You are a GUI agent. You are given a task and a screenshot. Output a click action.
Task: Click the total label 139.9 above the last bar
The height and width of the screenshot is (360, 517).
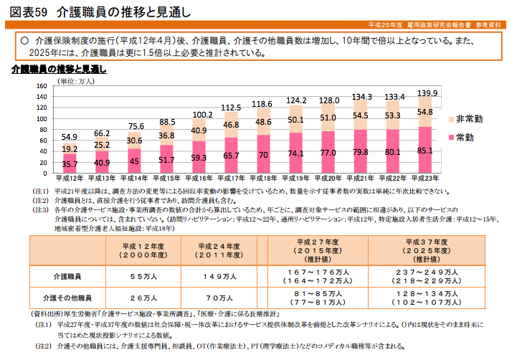pyautogui.click(x=427, y=93)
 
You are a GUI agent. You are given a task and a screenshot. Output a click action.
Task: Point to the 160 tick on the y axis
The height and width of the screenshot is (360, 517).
pyautogui.click(x=41, y=86)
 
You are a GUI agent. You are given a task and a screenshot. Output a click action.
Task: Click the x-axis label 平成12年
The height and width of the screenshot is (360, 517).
pyautogui.click(x=70, y=177)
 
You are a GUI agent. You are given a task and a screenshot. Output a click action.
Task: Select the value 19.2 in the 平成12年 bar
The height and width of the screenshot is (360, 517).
pyautogui.click(x=70, y=149)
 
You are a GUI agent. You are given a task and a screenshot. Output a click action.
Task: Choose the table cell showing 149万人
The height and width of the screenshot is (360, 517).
pyautogui.click(x=219, y=275)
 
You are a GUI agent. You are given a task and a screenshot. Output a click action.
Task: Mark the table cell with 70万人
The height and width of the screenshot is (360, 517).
pyautogui.click(x=219, y=297)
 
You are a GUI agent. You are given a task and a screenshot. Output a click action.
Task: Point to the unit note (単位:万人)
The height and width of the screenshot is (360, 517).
pyautogui.click(x=75, y=81)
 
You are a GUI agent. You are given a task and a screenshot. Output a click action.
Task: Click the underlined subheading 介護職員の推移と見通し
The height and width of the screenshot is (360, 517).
pyautogui.click(x=59, y=70)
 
